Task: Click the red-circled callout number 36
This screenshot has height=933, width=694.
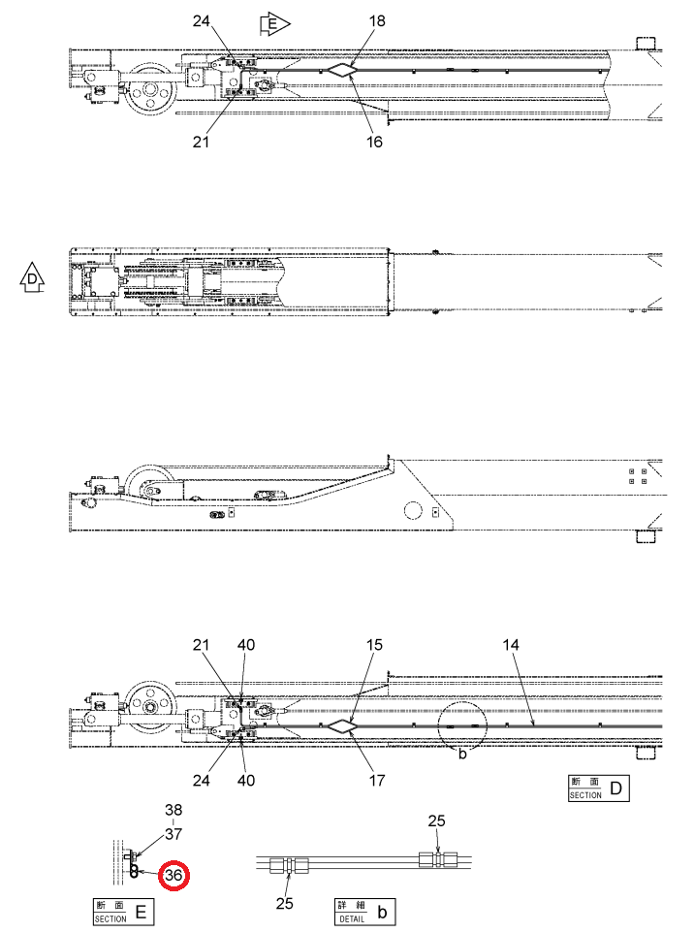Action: pos(173,875)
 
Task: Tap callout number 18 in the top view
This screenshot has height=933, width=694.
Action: pos(377,21)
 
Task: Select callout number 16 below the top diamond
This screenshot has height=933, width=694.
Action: pos(374,142)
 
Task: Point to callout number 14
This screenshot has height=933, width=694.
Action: pos(510,645)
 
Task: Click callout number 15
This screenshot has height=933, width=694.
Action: pos(374,645)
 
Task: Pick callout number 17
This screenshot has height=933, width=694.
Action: pos(377,780)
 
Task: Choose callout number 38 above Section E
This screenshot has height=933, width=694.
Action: pos(173,810)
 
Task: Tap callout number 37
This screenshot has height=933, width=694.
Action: pos(173,834)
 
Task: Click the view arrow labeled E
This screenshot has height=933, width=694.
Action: pos(274,24)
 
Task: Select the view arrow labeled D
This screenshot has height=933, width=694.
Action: pos(33,277)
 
